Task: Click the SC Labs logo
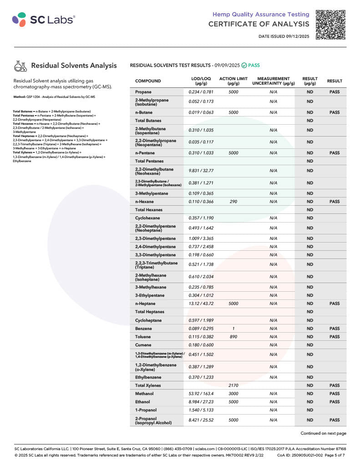click(44, 20)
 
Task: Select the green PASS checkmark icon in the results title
click(244, 66)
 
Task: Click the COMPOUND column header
click(148, 81)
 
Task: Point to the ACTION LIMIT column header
click(233, 81)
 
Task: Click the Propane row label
click(143, 92)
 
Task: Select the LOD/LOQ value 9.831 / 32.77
click(201, 171)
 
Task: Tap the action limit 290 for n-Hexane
click(233, 202)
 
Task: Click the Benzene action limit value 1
click(233, 329)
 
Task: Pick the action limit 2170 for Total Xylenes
click(233, 385)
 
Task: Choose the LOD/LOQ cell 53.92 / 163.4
click(201, 394)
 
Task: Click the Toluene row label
click(144, 337)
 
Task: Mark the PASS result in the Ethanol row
click(335, 402)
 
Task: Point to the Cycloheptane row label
click(148, 320)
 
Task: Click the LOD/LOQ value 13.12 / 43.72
click(201, 304)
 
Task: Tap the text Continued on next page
click(323, 433)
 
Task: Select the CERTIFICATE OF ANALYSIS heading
click(259, 24)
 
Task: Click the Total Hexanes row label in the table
click(149, 210)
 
